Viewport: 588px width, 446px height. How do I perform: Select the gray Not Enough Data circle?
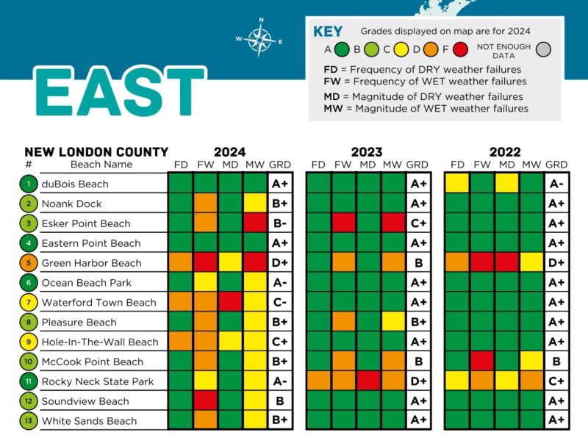pyautogui.click(x=543, y=50)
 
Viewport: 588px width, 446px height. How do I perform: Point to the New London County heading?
pyautogui.click(x=96, y=152)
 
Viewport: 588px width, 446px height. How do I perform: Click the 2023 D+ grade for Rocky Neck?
pyautogui.click(x=417, y=381)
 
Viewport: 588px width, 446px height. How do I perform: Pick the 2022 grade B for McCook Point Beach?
pyautogui.click(x=556, y=362)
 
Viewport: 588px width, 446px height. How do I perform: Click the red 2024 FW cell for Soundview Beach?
pyautogui.click(x=206, y=401)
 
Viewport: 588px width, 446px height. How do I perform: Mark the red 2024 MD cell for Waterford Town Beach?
pyautogui.click(x=231, y=302)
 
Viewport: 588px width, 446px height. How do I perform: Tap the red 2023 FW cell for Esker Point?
pyautogui.click(x=343, y=223)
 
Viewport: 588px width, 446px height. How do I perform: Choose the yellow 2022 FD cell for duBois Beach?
pyautogui.click(x=457, y=184)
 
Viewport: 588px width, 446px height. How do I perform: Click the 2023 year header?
pyautogui.click(x=367, y=152)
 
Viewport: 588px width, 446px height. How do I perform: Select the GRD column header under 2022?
pyautogui.click(x=556, y=165)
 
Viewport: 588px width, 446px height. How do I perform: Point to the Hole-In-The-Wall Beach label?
pyautogui.click(x=100, y=342)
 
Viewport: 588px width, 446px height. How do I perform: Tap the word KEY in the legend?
pyautogui.click(x=328, y=32)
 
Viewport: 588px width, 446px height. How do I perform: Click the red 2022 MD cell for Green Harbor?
pyautogui.click(x=506, y=263)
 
